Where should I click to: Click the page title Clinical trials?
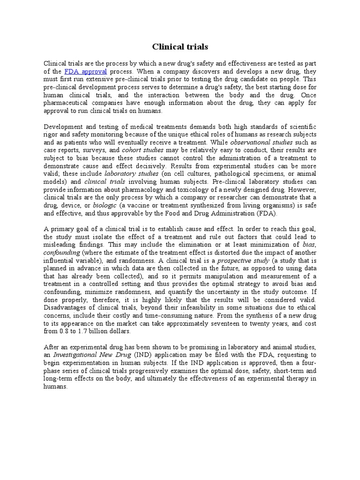180,47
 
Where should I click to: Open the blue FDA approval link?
86,71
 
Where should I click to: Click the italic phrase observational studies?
261,142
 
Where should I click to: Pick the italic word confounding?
62,252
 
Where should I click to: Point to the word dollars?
119,331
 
